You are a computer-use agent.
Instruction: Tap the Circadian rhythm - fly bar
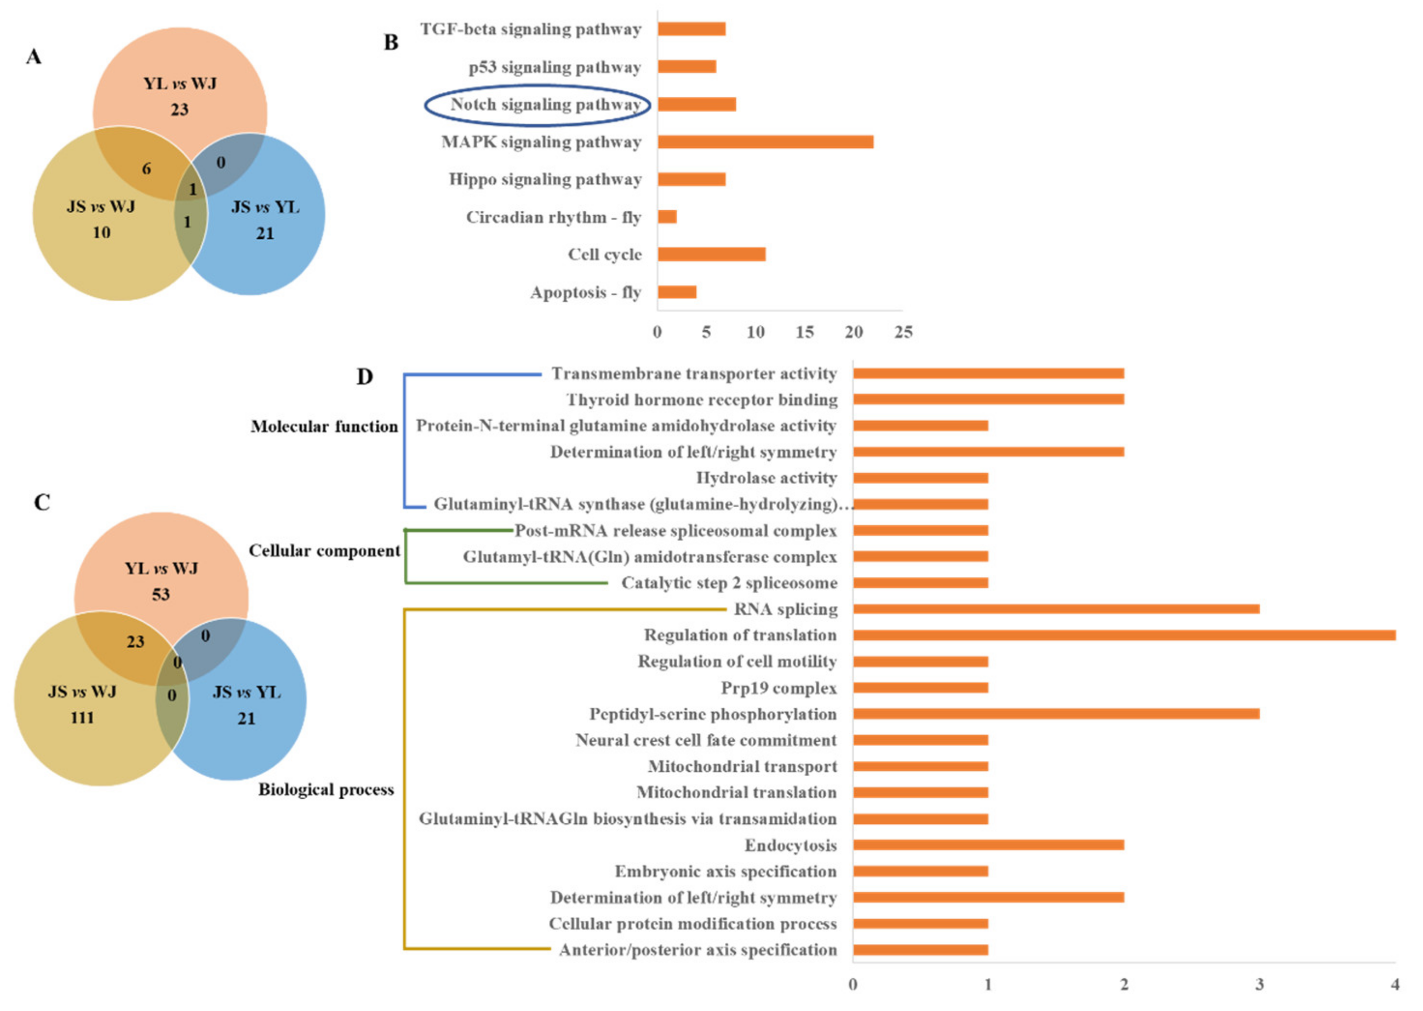pos(667,217)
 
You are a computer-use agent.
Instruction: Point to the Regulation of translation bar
pos(1124,635)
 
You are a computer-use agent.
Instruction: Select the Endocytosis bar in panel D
pos(988,845)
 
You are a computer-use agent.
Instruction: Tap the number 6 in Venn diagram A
pos(147,169)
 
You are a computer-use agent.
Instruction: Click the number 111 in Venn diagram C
pos(82,718)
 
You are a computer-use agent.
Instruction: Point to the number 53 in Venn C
pos(161,595)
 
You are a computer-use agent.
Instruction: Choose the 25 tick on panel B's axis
pos(903,333)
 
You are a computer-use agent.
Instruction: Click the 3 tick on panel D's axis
pos(1259,984)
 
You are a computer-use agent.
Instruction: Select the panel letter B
pos(391,43)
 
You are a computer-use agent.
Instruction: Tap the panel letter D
pos(364,377)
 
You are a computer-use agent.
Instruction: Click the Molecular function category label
pos(323,426)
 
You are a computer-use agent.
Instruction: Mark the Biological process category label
pos(326,790)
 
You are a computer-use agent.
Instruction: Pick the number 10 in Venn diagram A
pos(102,233)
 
